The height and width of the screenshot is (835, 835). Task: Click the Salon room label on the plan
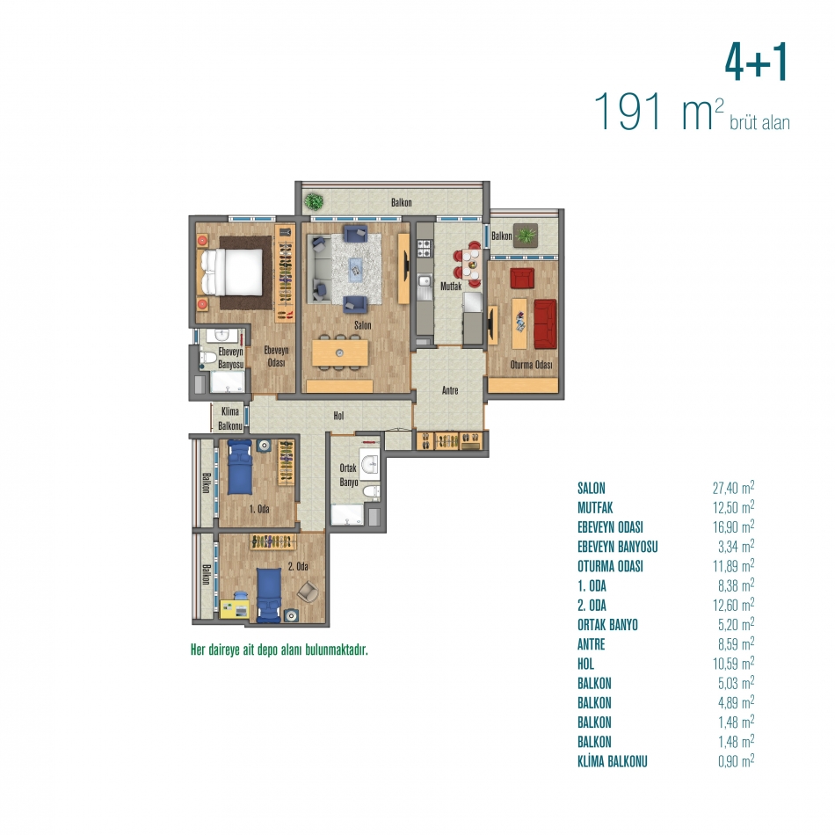click(x=363, y=325)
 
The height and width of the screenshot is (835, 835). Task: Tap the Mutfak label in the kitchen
click(x=451, y=286)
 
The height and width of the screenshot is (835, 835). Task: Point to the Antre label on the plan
click(x=450, y=390)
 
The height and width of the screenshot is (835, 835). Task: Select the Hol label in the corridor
click(x=338, y=416)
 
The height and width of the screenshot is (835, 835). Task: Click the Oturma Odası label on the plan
click(x=531, y=365)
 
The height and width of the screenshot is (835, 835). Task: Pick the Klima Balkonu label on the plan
click(x=230, y=418)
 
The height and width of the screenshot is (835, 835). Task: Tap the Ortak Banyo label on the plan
click(x=349, y=475)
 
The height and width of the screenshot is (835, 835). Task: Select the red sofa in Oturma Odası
click(x=545, y=324)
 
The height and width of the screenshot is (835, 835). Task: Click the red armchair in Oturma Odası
click(x=522, y=278)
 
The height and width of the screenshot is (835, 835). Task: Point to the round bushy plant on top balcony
click(x=314, y=201)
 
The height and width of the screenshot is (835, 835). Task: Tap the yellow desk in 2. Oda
click(x=235, y=609)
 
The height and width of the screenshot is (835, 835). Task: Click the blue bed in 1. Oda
click(x=240, y=467)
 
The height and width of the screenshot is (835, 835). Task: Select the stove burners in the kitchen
click(x=424, y=248)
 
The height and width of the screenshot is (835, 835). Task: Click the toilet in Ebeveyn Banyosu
click(x=208, y=357)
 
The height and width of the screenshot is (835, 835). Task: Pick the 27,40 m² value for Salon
click(x=733, y=487)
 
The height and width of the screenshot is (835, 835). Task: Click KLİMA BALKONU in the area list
click(x=613, y=761)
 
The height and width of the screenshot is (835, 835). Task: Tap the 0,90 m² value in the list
click(x=736, y=761)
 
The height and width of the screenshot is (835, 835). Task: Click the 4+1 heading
click(x=756, y=62)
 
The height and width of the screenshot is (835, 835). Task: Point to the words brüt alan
click(x=759, y=122)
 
